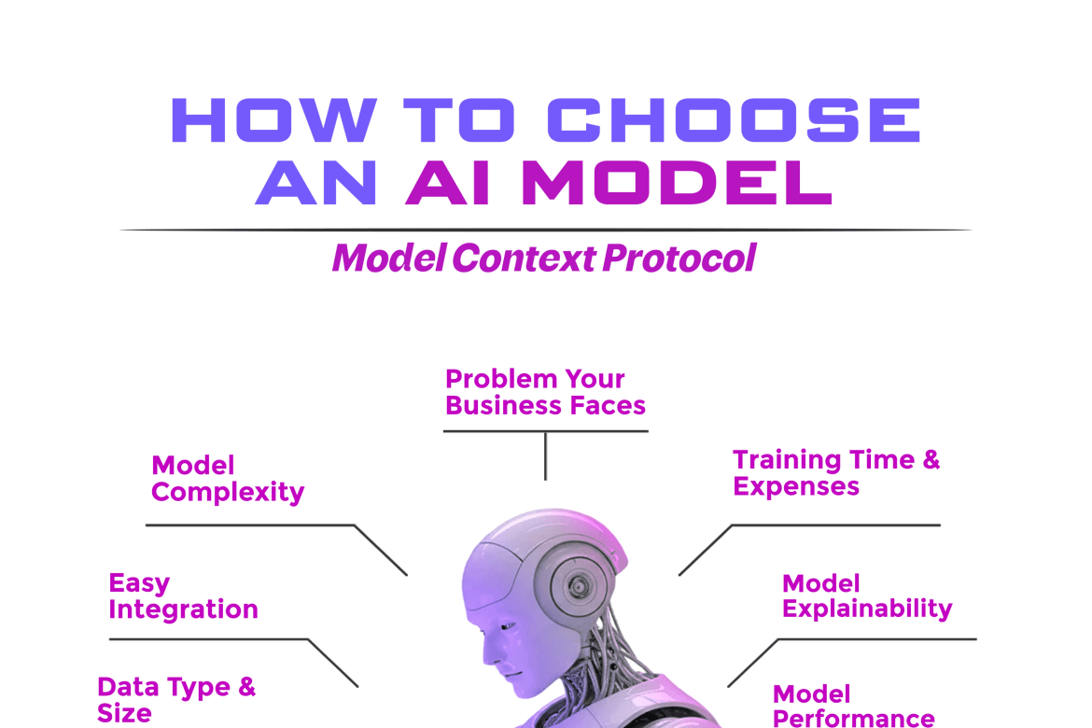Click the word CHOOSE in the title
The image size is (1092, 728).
coord(734,119)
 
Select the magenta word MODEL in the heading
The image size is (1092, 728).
coord(677,183)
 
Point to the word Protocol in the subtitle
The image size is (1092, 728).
coord(679,259)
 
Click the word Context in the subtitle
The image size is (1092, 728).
coord(525,259)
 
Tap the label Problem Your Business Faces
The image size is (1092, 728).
coord(545,392)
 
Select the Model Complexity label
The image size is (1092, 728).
coord(228,479)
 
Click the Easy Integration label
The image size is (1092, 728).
coord(183,595)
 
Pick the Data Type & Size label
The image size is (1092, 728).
coord(176,699)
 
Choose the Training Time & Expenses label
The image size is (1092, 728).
coord(836,472)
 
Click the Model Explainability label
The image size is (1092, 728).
coord(867,595)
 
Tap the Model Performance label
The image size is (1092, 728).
coord(854,705)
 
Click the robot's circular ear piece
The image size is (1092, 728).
coord(578,586)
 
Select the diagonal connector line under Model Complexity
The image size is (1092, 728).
coord(381,551)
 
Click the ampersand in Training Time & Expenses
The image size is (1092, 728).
coord(931,460)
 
